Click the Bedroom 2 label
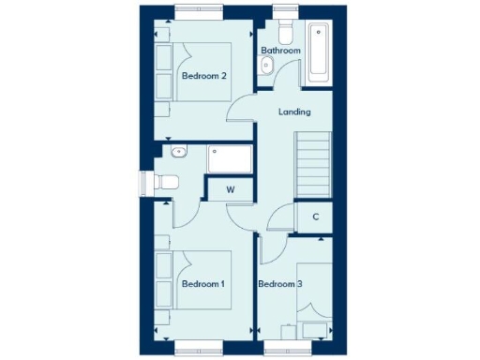[203, 77]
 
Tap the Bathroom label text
[280, 51]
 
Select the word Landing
[294, 112]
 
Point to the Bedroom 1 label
[203, 283]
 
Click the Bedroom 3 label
[279, 283]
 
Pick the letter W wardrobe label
[229, 189]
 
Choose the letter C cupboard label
[315, 217]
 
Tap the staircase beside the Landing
[314, 164]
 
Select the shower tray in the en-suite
[230, 159]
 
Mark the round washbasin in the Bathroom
[266, 66]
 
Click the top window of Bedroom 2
[201, 13]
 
